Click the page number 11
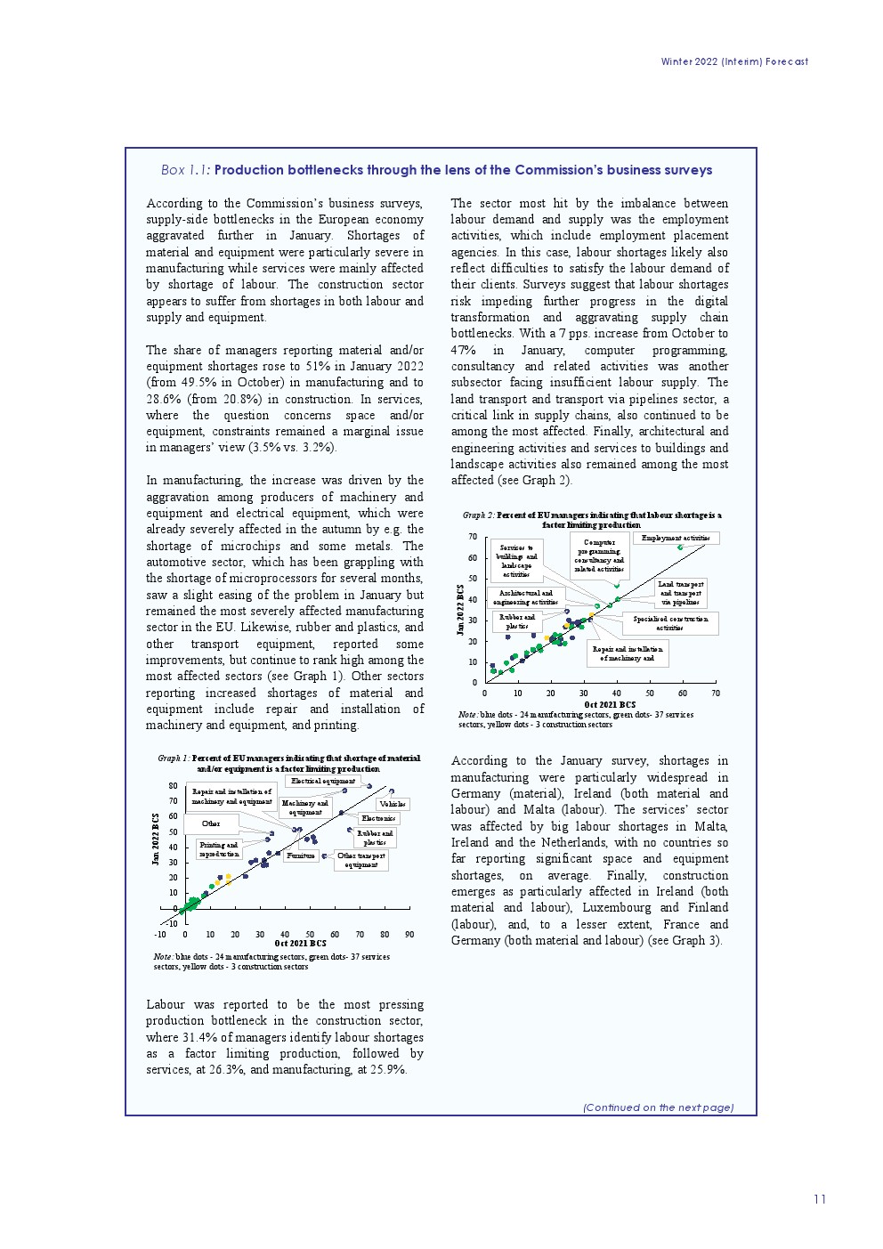[x=819, y=1199]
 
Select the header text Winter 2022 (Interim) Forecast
[x=734, y=61]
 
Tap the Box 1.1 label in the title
[x=185, y=170]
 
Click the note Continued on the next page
[x=658, y=1107]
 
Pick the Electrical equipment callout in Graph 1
[x=323, y=781]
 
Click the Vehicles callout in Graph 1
[x=393, y=804]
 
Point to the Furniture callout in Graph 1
[x=301, y=856]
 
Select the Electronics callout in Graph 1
[x=378, y=818]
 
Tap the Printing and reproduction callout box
[x=219, y=849]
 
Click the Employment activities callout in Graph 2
[x=676, y=538]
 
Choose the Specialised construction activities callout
[x=670, y=623]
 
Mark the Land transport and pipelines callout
[x=680, y=593]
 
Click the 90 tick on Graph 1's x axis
[x=409, y=935]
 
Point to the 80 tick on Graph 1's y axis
[x=173, y=786]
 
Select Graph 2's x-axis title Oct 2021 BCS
[x=609, y=704]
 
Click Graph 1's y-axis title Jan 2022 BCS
[x=156, y=839]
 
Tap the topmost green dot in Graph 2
[x=680, y=547]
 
